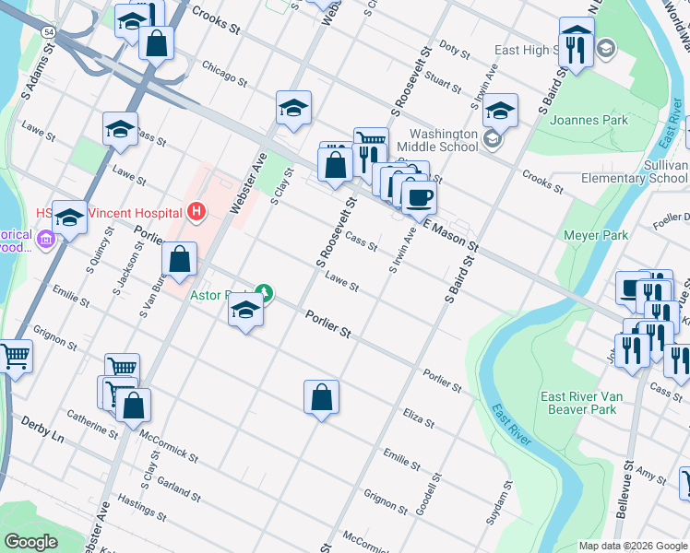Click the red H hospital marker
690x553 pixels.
point(195,212)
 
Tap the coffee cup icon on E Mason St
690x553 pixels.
point(419,197)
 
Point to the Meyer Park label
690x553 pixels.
point(595,235)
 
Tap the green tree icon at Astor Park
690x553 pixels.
point(265,294)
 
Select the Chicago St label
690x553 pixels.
point(224,74)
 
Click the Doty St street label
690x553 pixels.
point(455,46)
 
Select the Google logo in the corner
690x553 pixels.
point(30,542)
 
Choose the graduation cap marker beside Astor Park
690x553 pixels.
point(246,311)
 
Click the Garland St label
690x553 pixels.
point(179,488)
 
